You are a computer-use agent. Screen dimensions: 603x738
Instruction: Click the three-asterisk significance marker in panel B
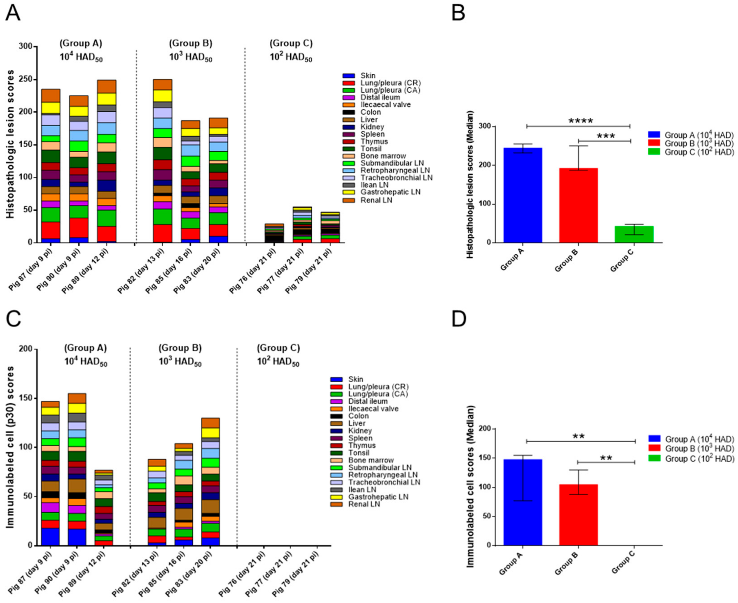coord(606,136)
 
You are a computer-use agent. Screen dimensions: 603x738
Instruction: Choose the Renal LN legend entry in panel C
coord(364,504)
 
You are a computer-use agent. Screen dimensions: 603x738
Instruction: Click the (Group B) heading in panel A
coord(190,43)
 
